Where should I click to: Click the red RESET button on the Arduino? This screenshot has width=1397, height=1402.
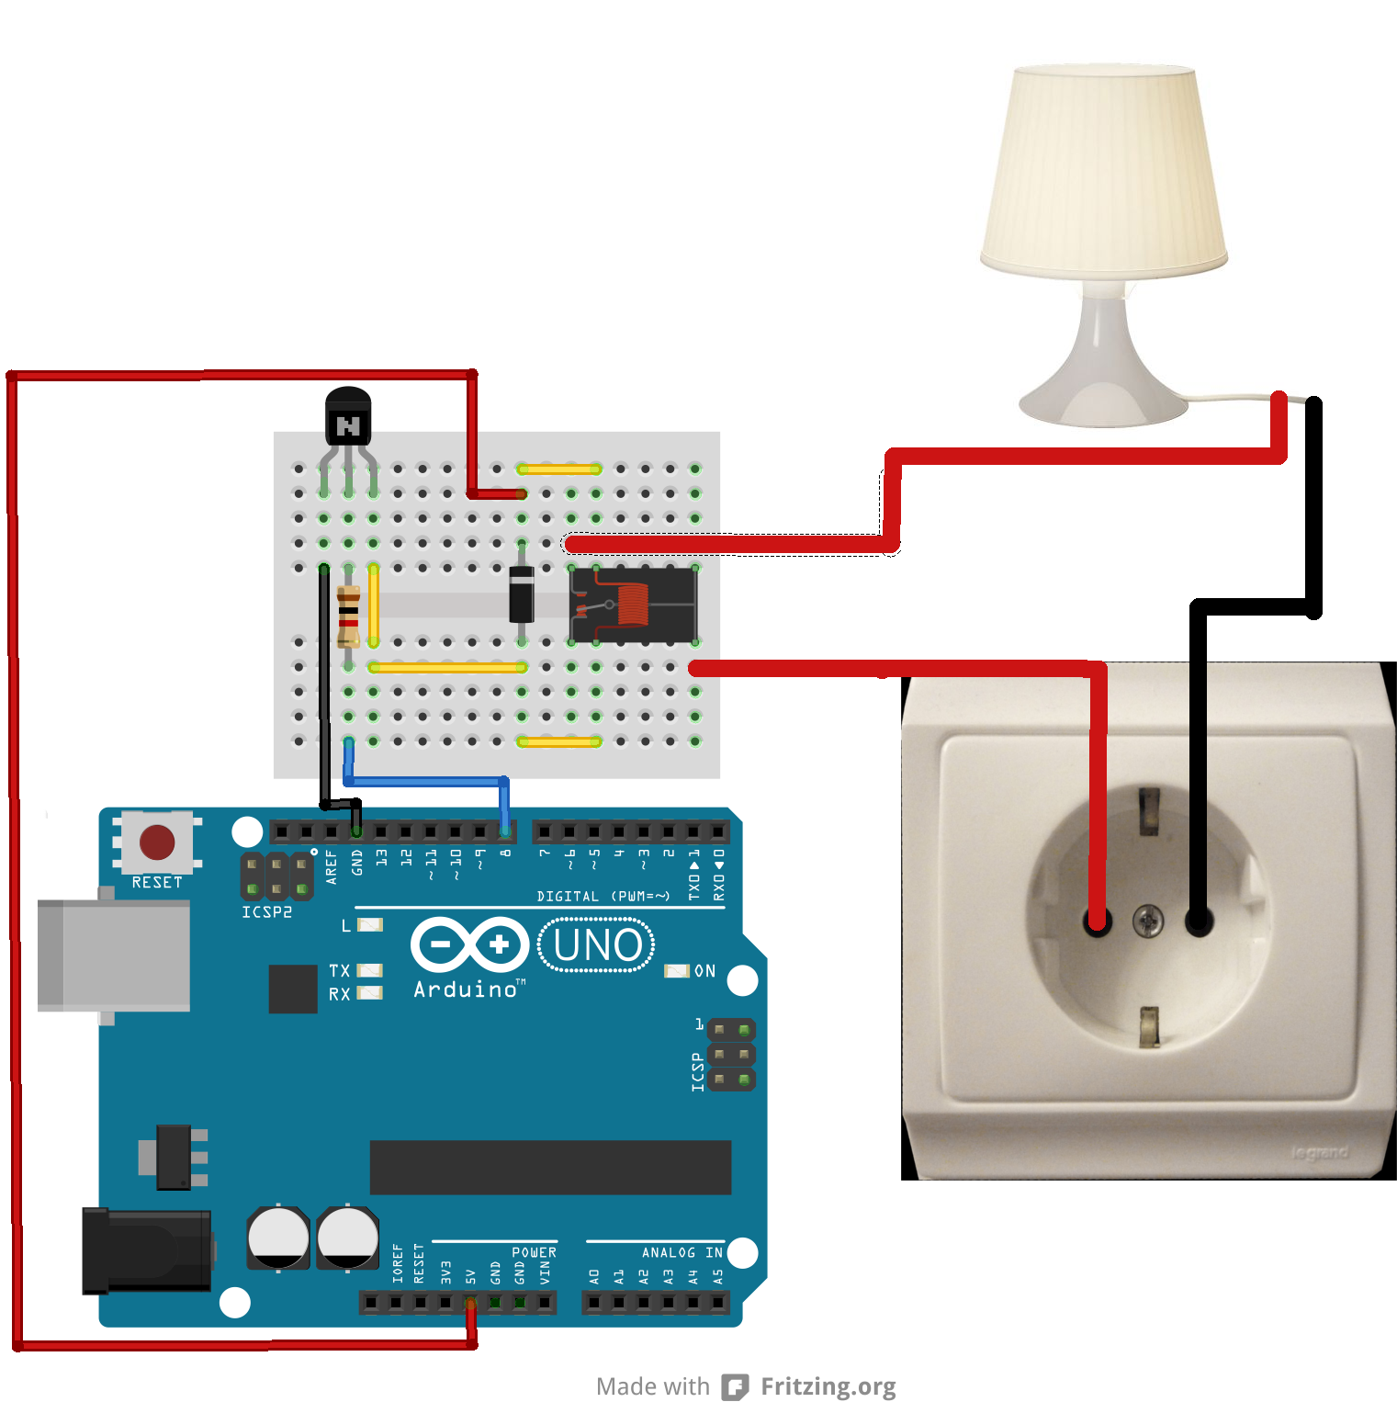click(157, 842)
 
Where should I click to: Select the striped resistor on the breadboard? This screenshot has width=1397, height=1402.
click(348, 616)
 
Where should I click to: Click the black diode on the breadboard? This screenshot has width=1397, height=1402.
click(522, 594)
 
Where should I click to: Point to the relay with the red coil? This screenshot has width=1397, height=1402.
click(634, 605)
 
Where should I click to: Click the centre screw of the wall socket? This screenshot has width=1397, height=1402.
click(1147, 920)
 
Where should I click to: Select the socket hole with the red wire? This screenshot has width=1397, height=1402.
click(1098, 921)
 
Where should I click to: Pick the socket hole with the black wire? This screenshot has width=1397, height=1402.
click(1199, 921)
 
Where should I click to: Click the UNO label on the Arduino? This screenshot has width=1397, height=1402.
click(597, 945)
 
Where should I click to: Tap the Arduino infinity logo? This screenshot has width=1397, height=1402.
click(469, 944)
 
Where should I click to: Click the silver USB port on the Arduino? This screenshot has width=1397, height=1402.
click(114, 955)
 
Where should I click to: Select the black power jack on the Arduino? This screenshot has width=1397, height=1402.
click(147, 1250)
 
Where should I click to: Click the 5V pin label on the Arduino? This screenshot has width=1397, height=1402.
click(471, 1276)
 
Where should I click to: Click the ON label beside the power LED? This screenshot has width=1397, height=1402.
click(704, 971)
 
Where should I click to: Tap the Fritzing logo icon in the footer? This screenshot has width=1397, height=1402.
click(735, 1386)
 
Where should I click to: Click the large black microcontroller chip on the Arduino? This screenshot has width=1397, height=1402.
click(550, 1168)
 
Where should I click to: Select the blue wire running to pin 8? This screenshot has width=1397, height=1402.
click(427, 782)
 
